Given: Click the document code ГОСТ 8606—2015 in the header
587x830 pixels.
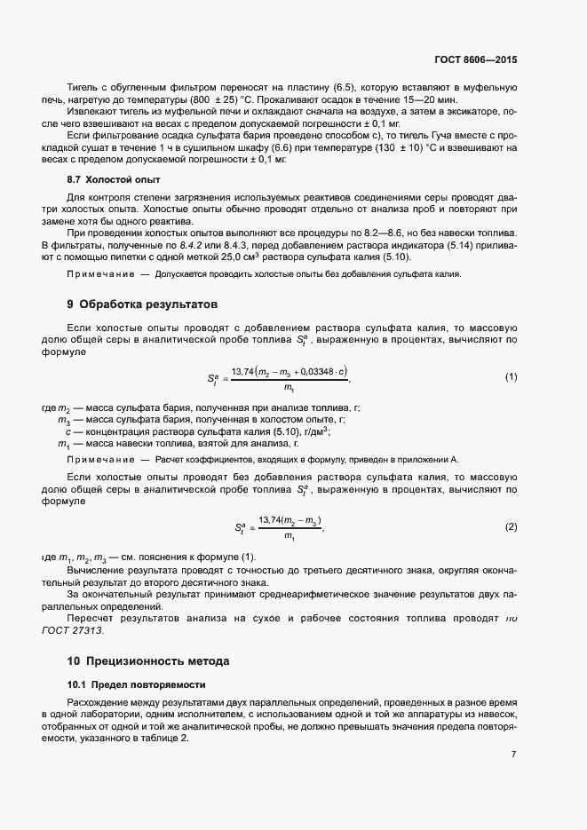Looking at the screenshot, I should pos(473,59).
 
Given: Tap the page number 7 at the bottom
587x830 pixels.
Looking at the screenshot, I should pos(513,755).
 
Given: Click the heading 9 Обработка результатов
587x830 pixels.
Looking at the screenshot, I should pos(136,304).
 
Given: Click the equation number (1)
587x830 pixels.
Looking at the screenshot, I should pos(511,377).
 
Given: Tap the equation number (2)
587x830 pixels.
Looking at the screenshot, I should pos(511,526).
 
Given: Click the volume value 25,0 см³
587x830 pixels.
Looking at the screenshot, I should pos(259,257).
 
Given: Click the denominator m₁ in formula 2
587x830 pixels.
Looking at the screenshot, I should pos(289,536).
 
